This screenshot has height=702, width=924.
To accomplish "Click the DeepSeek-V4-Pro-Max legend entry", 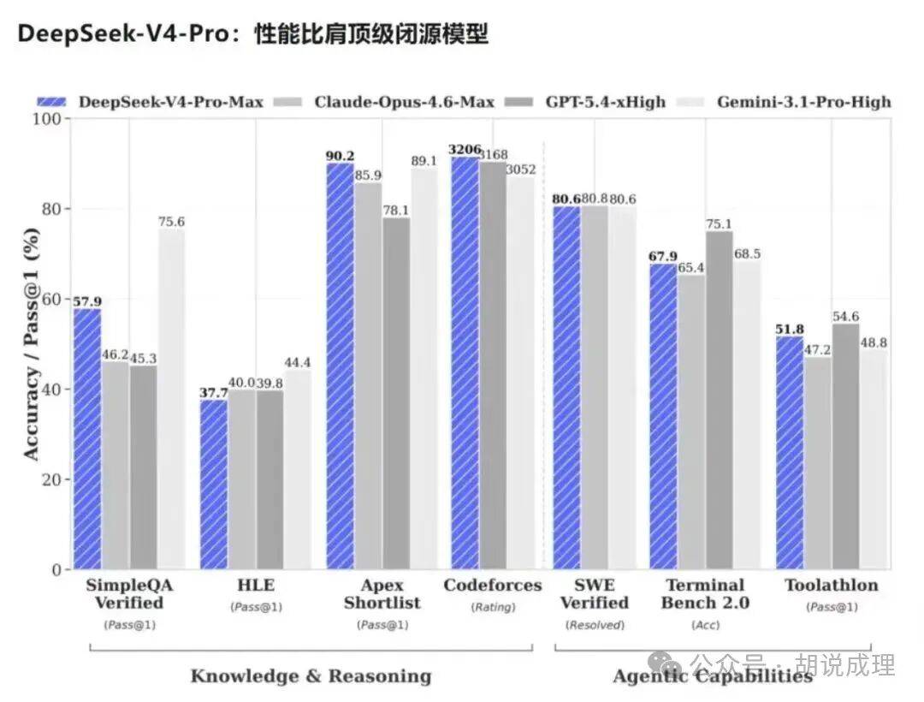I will (151, 102).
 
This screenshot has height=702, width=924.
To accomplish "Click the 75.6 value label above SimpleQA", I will (171, 222).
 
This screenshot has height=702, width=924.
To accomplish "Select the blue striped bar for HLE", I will (214, 485).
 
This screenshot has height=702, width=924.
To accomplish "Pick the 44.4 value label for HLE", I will (298, 361).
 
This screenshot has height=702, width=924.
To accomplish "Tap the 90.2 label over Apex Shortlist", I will (340, 156).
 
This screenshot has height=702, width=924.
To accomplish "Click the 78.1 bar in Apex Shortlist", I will (396, 393).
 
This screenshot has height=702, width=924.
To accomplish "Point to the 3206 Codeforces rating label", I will (465, 150).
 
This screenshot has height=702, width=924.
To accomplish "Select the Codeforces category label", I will (493, 586).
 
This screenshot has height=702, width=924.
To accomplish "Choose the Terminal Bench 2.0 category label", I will (706, 594).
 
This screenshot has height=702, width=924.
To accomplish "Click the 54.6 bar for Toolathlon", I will (845, 446).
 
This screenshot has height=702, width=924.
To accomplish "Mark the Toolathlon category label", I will (832, 586).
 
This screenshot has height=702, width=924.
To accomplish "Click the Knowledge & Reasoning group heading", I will (311, 676).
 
